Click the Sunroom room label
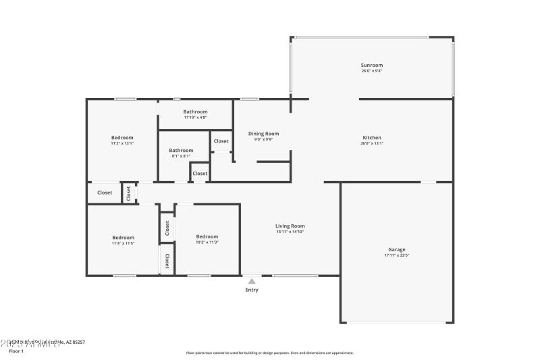pyautogui.click(x=372, y=65)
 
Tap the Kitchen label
pyautogui.click(x=372, y=137)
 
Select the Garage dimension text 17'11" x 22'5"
pyautogui.click(x=397, y=255)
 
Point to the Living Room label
pyautogui.click(x=290, y=226)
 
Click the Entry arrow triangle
pyautogui.click(x=251, y=281)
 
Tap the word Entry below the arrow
pyautogui.click(x=251, y=290)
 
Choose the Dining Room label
pyautogui.click(x=263, y=134)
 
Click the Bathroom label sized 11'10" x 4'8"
pyautogui.click(x=196, y=111)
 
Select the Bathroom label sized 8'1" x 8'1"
pyautogui.click(x=181, y=151)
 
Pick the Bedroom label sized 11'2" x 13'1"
pyautogui.click(x=122, y=138)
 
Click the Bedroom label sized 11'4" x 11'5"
pyautogui.click(x=123, y=238)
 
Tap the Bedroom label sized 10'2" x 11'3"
pyautogui.click(x=207, y=236)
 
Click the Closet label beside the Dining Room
pyautogui.click(x=221, y=141)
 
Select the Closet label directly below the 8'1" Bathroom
pyautogui.click(x=200, y=174)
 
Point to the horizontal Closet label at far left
pyautogui.click(x=105, y=192)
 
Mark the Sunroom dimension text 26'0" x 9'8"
pyautogui.click(x=372, y=71)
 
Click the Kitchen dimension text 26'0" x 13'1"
pyautogui.click(x=372, y=143)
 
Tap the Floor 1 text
pyautogui.click(x=16, y=351)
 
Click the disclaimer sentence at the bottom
pyautogui.click(x=269, y=353)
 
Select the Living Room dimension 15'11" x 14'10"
pyautogui.click(x=290, y=232)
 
